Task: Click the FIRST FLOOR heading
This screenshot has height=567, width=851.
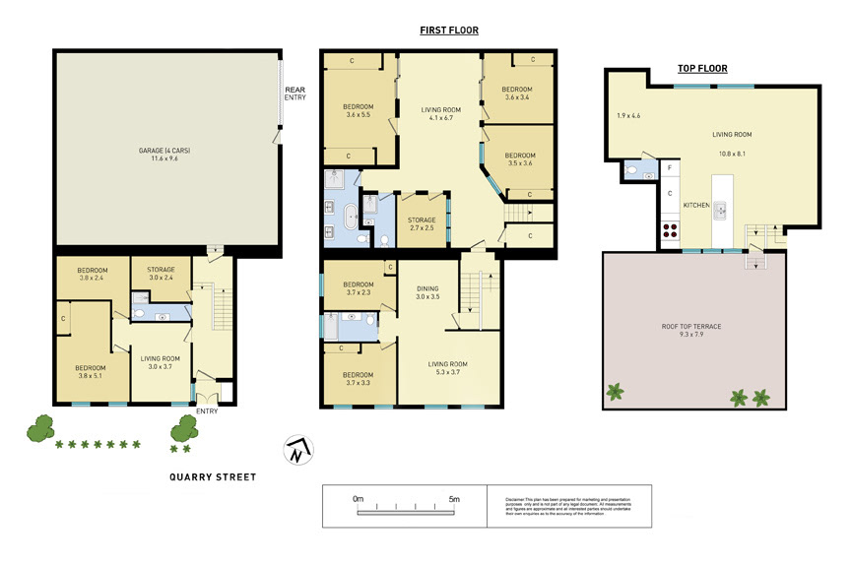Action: (x=449, y=31)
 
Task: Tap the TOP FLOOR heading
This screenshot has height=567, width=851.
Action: (x=702, y=69)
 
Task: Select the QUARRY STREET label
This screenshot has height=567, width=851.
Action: (x=212, y=477)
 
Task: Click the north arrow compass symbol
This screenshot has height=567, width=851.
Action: (x=296, y=451)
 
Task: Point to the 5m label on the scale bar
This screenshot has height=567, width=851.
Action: (x=454, y=500)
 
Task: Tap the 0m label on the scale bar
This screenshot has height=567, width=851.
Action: (x=359, y=500)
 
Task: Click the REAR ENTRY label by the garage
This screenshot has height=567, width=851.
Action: (x=295, y=94)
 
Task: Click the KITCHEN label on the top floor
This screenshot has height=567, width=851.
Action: (x=696, y=205)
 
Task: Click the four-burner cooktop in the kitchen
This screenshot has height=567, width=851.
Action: (x=670, y=232)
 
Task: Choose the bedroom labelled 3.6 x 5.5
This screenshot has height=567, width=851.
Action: (x=358, y=110)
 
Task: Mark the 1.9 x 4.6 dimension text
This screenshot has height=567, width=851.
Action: (x=627, y=116)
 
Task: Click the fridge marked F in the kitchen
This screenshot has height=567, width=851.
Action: (x=670, y=168)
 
